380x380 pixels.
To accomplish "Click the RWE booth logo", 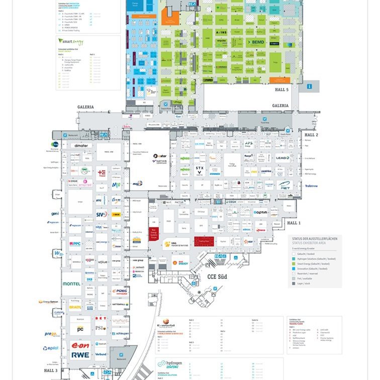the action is (80, 354).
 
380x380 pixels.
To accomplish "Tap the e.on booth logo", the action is (80, 345).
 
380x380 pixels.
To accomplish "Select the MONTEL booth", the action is (71, 284).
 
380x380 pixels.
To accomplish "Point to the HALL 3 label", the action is (51, 370).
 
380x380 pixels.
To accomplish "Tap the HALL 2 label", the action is (310, 135).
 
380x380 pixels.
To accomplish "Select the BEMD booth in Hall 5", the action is (257, 42).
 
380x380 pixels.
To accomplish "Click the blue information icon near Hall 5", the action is (310, 86).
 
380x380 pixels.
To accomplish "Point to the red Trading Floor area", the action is (204, 241).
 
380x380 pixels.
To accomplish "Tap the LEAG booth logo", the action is (281, 158).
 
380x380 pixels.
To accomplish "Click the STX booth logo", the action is (200, 169).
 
